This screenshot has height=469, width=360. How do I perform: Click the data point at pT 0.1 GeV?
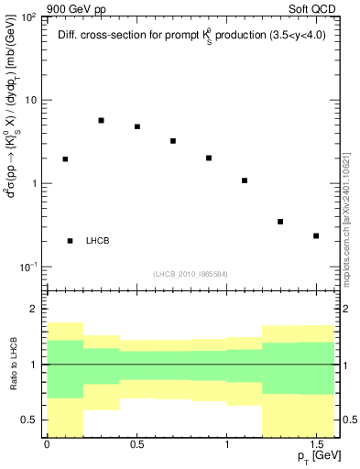pyautogui.click(x=65, y=159)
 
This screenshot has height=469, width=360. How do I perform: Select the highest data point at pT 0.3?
pyautogui.click(x=101, y=120)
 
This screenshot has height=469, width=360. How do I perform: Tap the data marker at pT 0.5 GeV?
pyautogui.click(x=137, y=126)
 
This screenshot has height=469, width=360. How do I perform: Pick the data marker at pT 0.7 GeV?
pyautogui.click(x=173, y=141)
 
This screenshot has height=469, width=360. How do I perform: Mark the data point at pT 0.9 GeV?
pyautogui.click(x=209, y=158)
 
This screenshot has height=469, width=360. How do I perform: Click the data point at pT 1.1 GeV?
pyautogui.click(x=245, y=180)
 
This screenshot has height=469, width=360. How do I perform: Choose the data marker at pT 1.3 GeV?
pyautogui.click(x=280, y=222)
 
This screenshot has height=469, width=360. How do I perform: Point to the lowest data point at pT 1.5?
pyautogui.click(x=316, y=236)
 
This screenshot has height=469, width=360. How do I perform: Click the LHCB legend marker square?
pyautogui.click(x=71, y=241)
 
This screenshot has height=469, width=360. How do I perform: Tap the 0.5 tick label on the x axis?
pyautogui.click(x=136, y=443)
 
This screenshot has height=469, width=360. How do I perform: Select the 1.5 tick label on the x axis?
pyautogui.click(x=316, y=443)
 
